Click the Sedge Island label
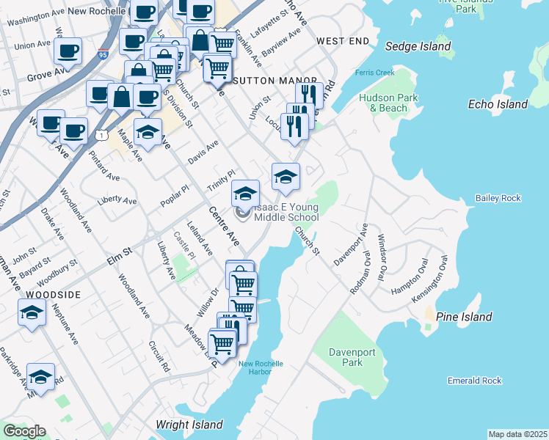click(x=418, y=47)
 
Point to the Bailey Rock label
click(x=498, y=198)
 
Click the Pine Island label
click(x=464, y=317)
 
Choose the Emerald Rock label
click(x=474, y=381)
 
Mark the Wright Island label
click(x=189, y=425)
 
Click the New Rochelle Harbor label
click(x=260, y=368)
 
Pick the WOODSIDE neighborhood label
click(x=53, y=293)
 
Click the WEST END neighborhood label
click(x=342, y=42)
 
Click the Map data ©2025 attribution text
click(x=518, y=434)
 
